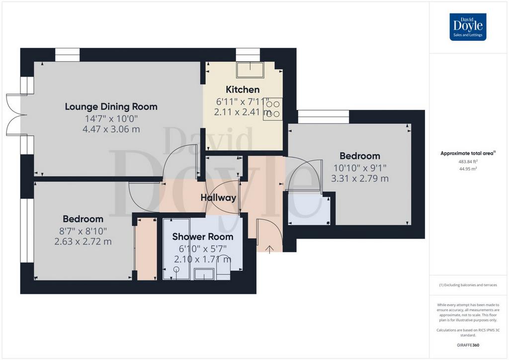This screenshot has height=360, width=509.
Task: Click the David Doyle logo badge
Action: pos(468,27)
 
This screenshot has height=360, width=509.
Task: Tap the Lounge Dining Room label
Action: pos(111,106)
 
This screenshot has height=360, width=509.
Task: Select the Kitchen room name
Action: pos(243,90)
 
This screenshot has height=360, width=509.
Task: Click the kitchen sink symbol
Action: pos(251,70)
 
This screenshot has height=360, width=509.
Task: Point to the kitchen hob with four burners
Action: pos(273,109)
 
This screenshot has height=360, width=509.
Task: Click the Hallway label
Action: pos(218,198)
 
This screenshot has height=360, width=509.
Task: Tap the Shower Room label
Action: pos(203,237)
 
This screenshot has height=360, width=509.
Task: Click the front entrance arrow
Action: pos(269,249)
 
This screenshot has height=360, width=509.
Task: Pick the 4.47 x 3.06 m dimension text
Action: pos(111,129)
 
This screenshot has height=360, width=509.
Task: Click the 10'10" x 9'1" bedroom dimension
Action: pos(360,168)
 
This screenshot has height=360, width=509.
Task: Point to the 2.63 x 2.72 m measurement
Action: pos(83,242)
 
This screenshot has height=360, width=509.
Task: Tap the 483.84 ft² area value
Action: pos(468,161)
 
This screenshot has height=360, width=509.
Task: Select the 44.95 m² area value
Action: pos(468,169)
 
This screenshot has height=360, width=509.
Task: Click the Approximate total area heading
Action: pos(468,154)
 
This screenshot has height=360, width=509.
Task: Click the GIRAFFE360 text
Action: pos(468,345)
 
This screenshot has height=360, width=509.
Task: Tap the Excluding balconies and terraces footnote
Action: pos(468,285)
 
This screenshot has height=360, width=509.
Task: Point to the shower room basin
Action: pos(204,274)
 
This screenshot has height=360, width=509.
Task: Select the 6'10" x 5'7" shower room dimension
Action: pos(203,249)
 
